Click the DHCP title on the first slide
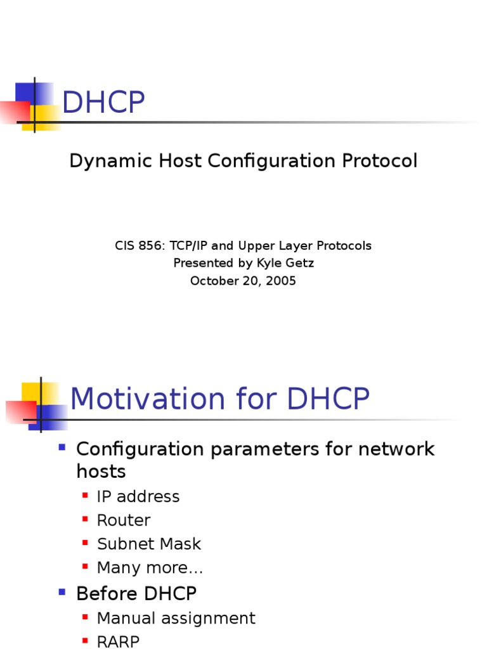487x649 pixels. coord(103,103)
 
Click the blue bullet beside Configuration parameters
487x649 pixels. coord(62,447)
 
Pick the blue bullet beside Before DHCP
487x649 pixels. coord(62,593)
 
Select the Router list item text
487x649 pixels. coord(124,520)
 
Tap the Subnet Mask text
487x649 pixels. coord(148,544)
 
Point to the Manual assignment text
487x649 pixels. coord(176,618)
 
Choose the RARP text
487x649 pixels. coord(118,641)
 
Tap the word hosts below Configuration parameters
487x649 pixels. coord(101,472)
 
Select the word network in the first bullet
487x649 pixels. coord(396,449)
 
